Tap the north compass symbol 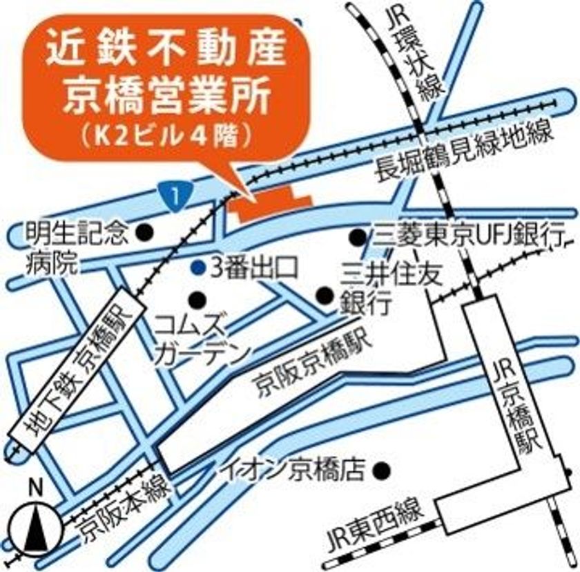(x=33, y=524)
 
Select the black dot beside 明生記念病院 (x=144, y=231)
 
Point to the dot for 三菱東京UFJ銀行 (x=356, y=237)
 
